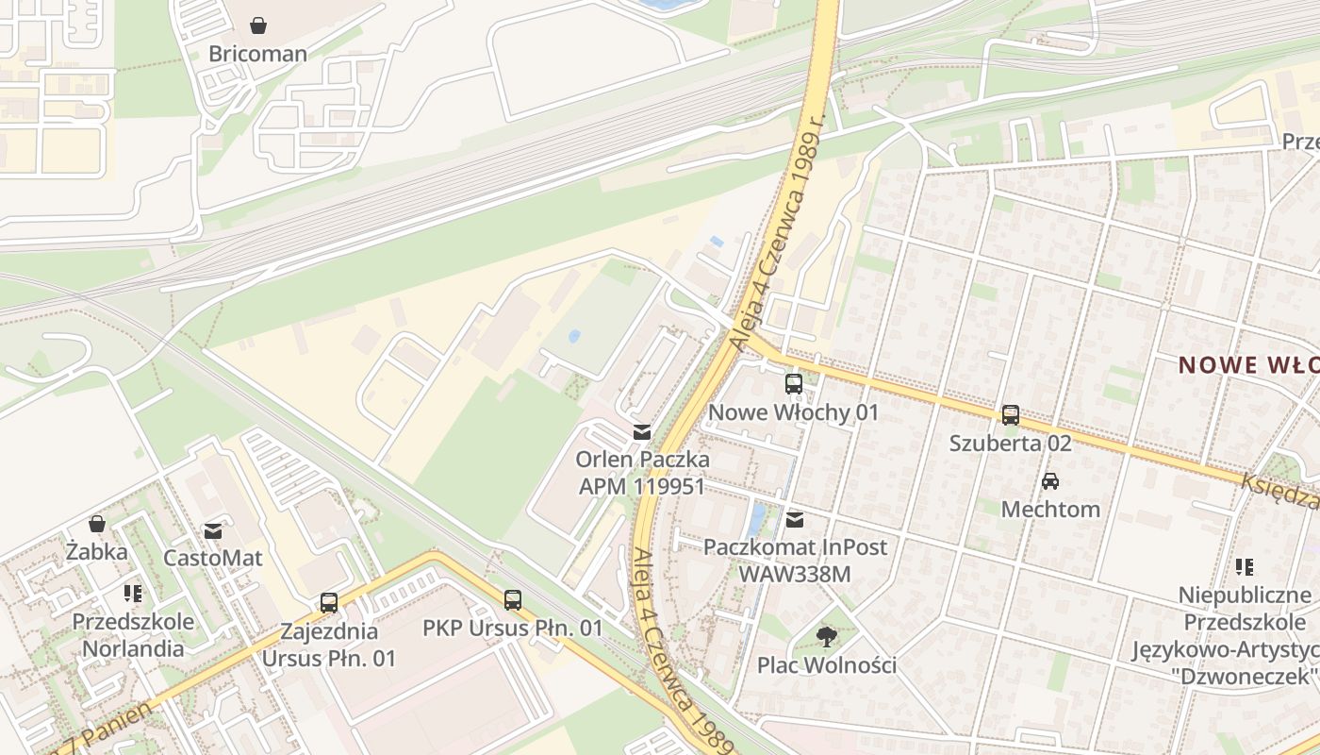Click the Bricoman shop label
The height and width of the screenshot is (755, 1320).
(x=257, y=54)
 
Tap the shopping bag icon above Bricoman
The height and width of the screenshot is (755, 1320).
(x=257, y=25)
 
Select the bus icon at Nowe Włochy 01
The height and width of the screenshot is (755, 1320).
(x=793, y=384)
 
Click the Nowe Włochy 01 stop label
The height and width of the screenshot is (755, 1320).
(x=793, y=412)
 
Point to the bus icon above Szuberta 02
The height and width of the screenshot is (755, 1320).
(x=1010, y=414)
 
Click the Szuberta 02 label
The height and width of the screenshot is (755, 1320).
(x=1010, y=443)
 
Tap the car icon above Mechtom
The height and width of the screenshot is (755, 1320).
(x=1049, y=481)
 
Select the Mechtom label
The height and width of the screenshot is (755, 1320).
(x=1049, y=510)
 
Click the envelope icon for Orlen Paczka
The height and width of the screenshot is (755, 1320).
(x=642, y=432)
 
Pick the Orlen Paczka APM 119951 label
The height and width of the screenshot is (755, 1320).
(x=642, y=473)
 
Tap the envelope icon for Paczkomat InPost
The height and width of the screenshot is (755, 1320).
(x=795, y=519)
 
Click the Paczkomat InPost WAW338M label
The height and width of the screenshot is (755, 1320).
(x=795, y=560)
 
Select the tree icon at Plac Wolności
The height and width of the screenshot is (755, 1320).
(x=827, y=637)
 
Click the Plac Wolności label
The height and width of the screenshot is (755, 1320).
(x=827, y=665)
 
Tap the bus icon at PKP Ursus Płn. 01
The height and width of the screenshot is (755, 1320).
(x=512, y=599)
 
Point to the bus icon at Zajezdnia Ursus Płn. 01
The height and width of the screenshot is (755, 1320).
(x=328, y=603)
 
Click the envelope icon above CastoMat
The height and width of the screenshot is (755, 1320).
(x=213, y=530)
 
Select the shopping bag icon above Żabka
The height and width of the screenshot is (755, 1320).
(x=97, y=524)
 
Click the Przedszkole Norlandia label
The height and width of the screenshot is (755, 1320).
(x=133, y=635)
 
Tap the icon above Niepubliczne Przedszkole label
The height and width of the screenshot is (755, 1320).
(x=1245, y=567)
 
